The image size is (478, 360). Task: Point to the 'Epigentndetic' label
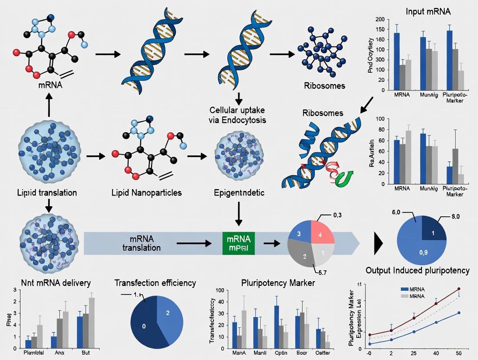pos(238,193)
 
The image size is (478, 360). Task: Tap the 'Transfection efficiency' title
pos(155,283)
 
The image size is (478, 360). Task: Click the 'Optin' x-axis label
pos(281,353)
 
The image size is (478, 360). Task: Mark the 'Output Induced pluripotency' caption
pos(417,270)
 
